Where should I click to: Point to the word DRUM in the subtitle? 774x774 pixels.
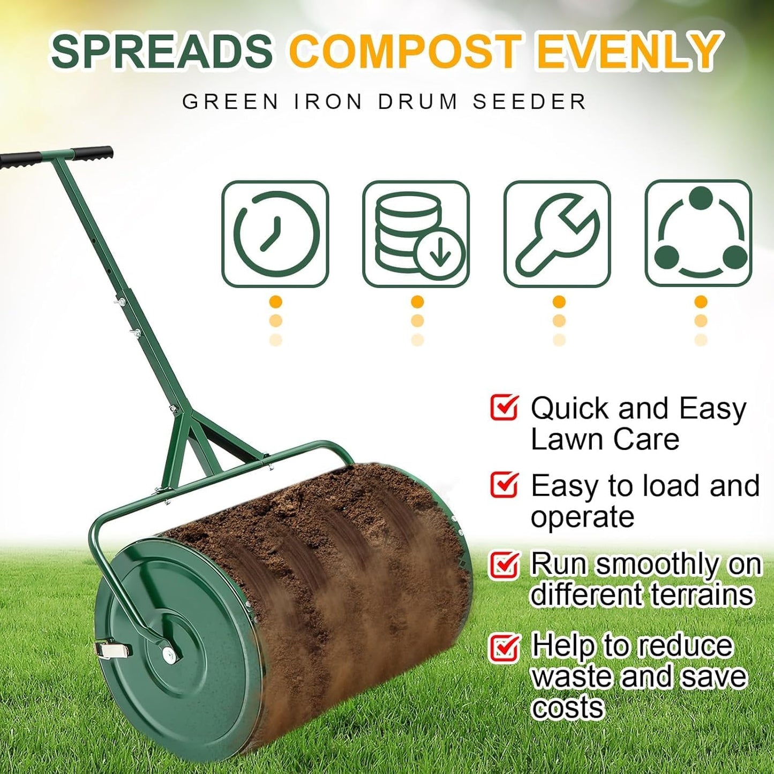(x=418, y=102)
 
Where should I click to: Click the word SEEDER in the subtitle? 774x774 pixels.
(x=529, y=102)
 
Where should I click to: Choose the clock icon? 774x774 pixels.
(x=275, y=234)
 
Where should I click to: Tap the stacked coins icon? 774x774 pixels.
(x=416, y=234)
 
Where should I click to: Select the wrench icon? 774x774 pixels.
(x=557, y=234)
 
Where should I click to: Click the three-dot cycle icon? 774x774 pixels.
(x=699, y=234)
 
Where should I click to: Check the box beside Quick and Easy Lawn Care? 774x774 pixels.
(x=504, y=408)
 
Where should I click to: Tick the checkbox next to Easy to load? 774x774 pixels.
(x=504, y=484)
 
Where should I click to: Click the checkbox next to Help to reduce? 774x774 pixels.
(x=504, y=647)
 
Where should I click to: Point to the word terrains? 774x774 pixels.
(x=702, y=595)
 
